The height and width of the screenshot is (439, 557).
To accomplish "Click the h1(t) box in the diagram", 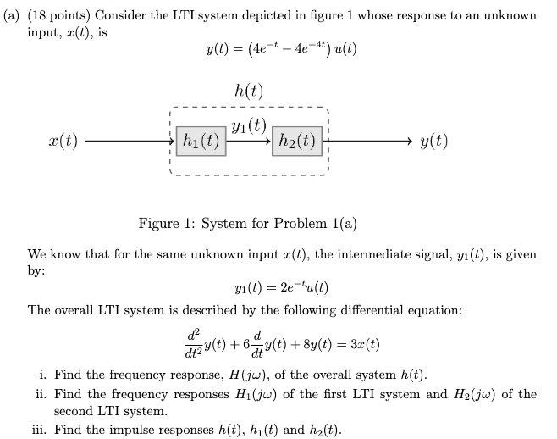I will (x=201, y=142).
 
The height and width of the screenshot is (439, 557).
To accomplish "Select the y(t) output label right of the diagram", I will (x=433, y=142).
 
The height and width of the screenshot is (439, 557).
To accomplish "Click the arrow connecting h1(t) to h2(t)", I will (x=249, y=142).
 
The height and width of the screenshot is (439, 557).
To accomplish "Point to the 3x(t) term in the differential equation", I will (x=362, y=345).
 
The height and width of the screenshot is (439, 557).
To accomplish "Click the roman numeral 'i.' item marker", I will (x=44, y=375).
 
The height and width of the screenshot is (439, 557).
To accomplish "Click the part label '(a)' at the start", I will (x=13, y=16).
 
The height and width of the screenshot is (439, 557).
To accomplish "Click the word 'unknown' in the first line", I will (x=507, y=16).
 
